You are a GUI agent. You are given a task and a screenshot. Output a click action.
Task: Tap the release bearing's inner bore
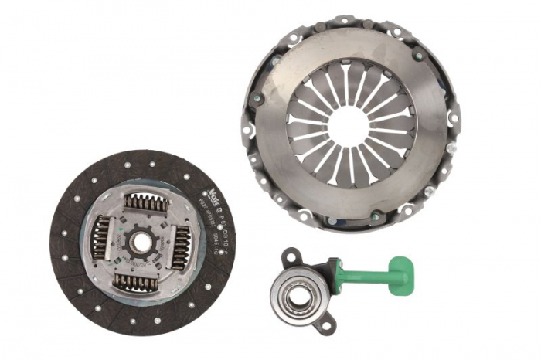pyautogui.click(x=298, y=297)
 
